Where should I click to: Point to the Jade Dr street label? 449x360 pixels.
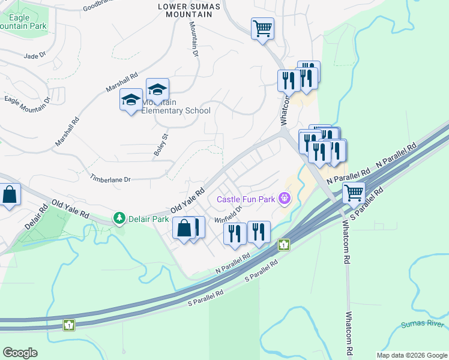[35, 56]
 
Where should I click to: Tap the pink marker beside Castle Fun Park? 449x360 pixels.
[285, 198]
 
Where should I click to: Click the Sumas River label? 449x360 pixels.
[423, 325]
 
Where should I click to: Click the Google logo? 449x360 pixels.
[20, 353]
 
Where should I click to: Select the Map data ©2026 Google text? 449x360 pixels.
[412, 355]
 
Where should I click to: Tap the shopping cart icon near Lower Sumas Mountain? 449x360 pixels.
[262, 28]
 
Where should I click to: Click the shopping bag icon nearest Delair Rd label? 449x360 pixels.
[9, 195]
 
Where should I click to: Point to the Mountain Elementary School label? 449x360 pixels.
[176, 106]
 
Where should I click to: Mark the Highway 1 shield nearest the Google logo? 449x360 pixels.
[70, 325]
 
